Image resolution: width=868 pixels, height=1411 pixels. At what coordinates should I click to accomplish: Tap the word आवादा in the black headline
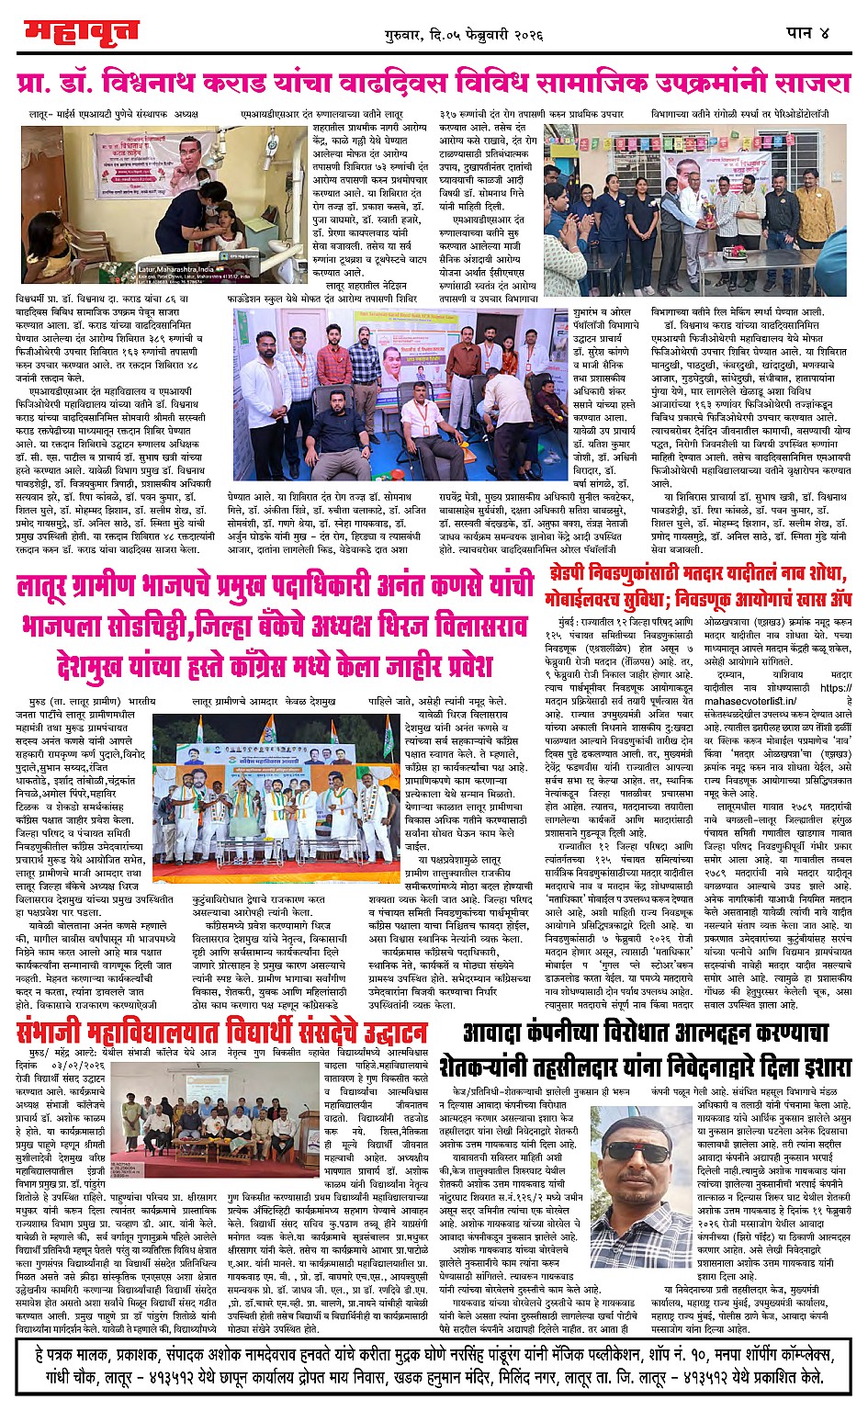click(x=501, y=1032)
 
